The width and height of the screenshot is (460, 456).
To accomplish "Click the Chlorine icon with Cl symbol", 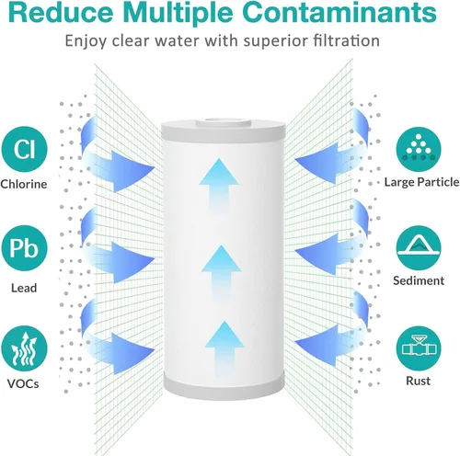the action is click(x=25, y=149).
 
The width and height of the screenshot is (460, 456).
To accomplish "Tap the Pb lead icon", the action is click(x=25, y=248).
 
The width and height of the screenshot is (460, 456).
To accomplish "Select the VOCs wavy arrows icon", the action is click(x=25, y=348).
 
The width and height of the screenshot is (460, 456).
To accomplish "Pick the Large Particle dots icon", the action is click(x=419, y=149).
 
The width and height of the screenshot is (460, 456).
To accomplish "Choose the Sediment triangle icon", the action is click(x=419, y=248).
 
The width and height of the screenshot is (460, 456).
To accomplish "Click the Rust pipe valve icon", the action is click(x=419, y=348).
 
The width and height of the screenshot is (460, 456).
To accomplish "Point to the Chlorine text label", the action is click(x=24, y=184).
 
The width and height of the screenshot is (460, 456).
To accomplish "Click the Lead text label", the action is click(x=24, y=288).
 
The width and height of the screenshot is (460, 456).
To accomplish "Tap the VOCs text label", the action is click(x=23, y=384).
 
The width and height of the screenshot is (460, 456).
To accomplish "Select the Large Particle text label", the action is click(x=422, y=182).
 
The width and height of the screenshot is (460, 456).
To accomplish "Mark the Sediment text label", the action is click(x=419, y=280).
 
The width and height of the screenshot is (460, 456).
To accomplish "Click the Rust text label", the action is click(x=419, y=381).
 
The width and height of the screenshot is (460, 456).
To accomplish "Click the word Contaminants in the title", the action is click(x=339, y=13).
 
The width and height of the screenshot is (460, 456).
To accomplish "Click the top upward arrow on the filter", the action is click(x=219, y=185).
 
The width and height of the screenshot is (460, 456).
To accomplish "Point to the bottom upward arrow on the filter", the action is click(x=224, y=348).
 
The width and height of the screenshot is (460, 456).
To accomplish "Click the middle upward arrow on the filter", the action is click(x=222, y=272).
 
